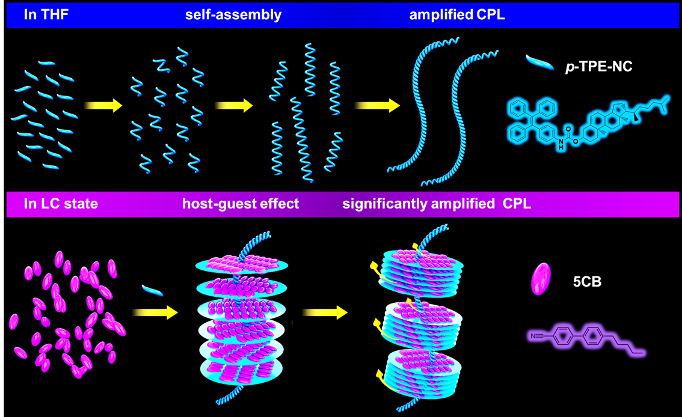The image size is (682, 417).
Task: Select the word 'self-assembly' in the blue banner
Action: [x=233, y=15]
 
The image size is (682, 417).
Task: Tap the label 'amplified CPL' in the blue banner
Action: [x=457, y=15]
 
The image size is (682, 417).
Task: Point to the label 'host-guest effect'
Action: [x=241, y=204]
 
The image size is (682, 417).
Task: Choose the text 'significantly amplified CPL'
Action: [x=437, y=204]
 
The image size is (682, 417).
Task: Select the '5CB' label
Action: [x=587, y=280]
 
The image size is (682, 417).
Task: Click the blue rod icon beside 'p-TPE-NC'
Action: [x=542, y=61]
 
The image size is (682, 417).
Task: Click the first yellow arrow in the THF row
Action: [x=103, y=106]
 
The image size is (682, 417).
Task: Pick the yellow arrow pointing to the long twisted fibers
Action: [x=377, y=106]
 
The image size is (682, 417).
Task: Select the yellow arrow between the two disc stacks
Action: [x=325, y=312]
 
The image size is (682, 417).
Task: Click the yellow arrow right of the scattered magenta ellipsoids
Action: [x=155, y=312]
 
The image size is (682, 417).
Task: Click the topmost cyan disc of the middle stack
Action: [x=241, y=264]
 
